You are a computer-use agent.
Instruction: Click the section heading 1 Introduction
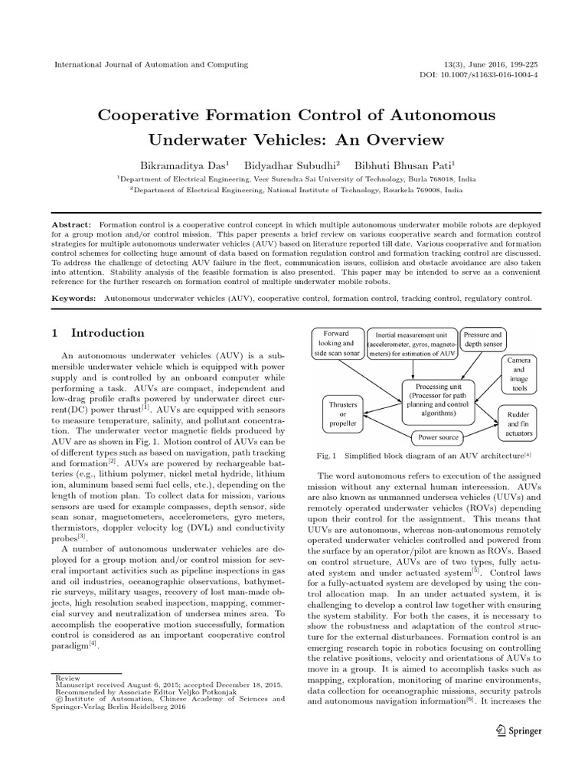tap(97, 333)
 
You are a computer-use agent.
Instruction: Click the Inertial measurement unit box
tap(411, 344)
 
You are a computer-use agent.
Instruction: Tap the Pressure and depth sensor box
tap(482, 339)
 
